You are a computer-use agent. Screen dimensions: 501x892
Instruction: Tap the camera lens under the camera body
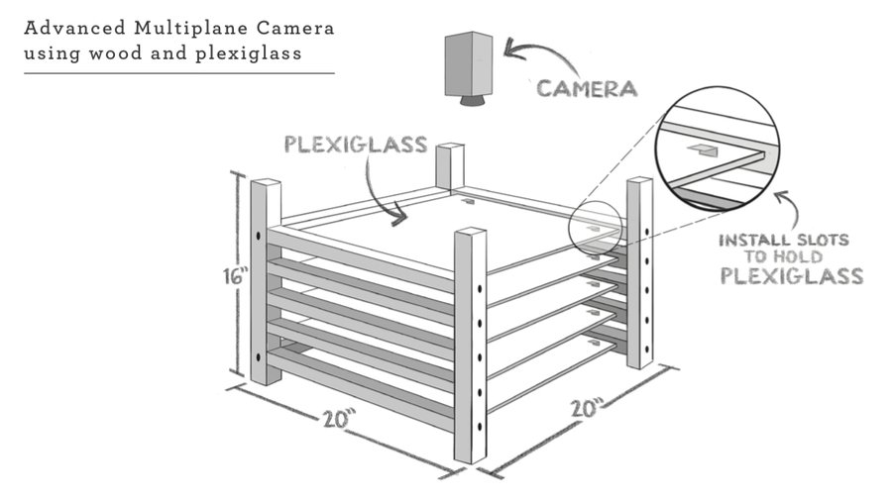(469, 100)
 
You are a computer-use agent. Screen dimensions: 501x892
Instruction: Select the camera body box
(469, 62)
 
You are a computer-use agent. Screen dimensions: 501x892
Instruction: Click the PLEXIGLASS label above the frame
(355, 145)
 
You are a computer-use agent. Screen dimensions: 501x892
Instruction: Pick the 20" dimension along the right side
(586, 407)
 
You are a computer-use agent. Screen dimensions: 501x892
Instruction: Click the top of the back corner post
(451, 148)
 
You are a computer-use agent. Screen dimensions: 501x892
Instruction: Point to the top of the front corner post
(470, 233)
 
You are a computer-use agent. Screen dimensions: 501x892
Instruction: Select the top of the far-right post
(639, 181)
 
